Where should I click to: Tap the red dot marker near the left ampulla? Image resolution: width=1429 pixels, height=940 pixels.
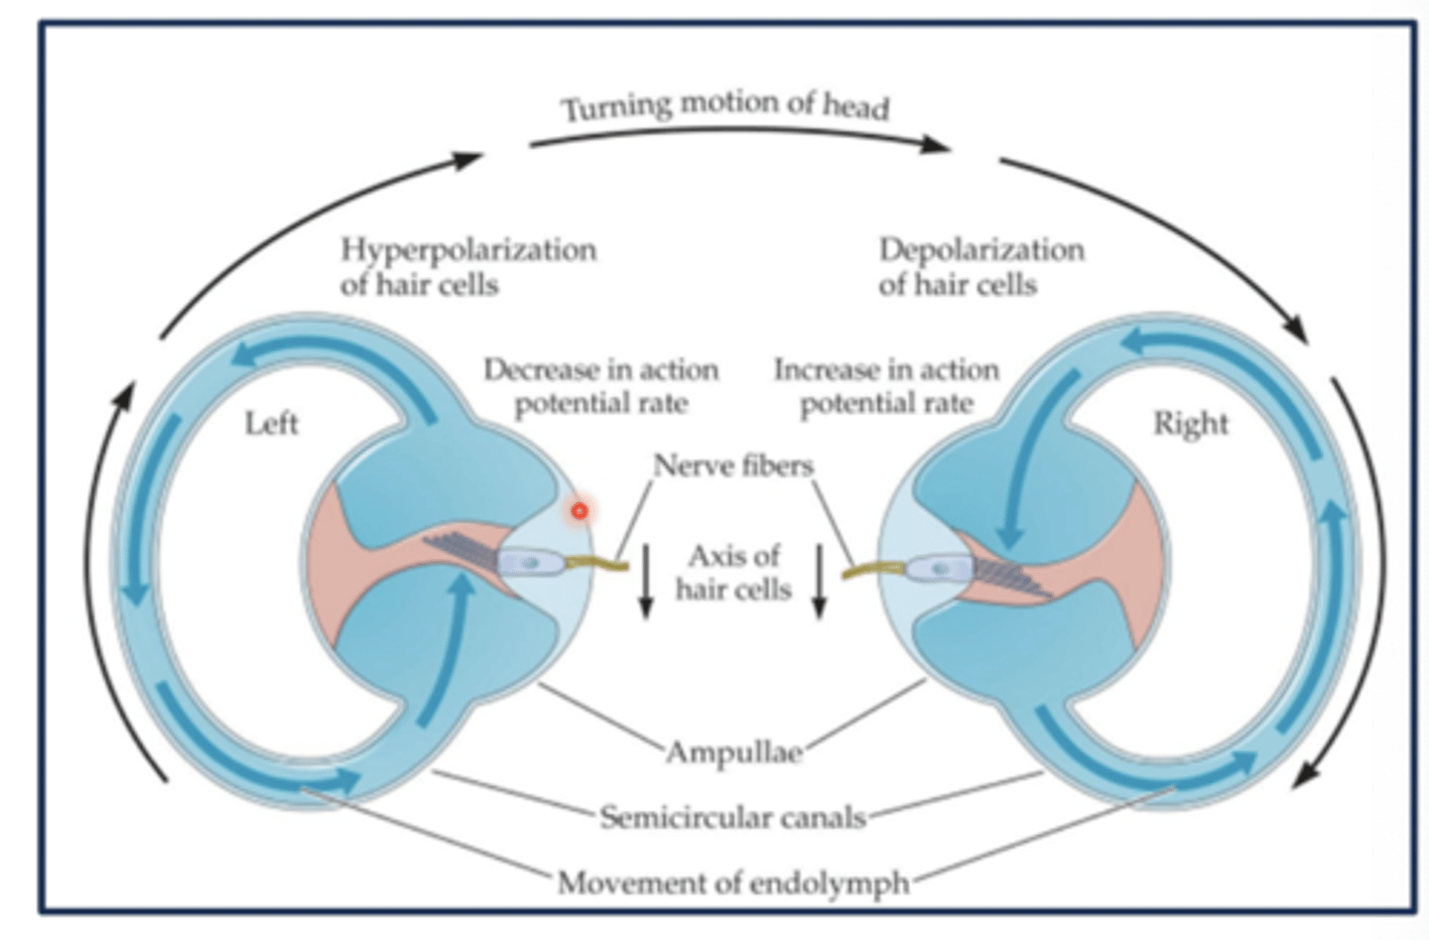point(579,511)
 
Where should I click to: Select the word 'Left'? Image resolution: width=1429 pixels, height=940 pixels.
point(271,424)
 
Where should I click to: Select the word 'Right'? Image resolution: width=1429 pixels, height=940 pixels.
point(1190,424)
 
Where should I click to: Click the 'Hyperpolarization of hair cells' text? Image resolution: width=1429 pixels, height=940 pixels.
point(468,266)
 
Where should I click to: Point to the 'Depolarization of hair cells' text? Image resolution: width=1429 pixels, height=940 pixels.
point(980,266)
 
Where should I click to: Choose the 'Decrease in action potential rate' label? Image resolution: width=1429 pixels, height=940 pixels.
point(601,386)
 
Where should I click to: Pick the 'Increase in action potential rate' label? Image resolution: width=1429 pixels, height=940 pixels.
point(886,386)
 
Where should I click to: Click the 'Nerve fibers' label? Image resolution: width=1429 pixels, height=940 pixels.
point(733,466)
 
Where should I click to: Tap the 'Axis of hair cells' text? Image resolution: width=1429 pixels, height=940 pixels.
point(733,572)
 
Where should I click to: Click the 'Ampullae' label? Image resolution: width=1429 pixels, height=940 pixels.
point(733,751)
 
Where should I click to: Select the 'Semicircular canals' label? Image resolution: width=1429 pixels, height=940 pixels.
point(733,817)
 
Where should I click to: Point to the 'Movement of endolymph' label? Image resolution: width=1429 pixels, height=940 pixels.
point(733,881)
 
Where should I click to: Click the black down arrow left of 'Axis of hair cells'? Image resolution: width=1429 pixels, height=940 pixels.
point(646,581)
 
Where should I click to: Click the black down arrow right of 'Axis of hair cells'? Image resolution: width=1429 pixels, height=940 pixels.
point(820,581)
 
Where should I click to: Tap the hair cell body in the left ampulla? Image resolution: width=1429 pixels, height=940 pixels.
point(530,563)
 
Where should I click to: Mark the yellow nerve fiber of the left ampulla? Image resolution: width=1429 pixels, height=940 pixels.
point(598,567)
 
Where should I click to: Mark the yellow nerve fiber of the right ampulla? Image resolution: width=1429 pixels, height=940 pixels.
point(873,572)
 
